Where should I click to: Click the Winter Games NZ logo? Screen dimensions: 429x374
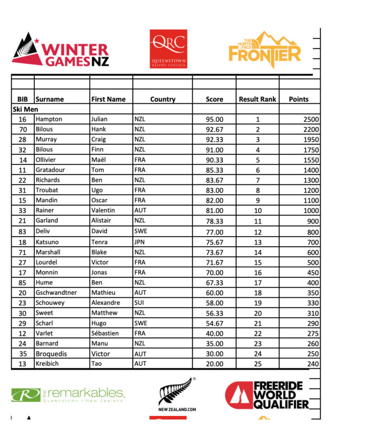tap(60, 50)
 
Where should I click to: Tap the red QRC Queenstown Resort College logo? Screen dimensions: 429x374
tap(168, 48)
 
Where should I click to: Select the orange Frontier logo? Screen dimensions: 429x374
tap(264, 51)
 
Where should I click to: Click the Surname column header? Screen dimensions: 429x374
tap(50, 99)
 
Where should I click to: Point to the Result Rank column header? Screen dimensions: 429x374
tap(257, 99)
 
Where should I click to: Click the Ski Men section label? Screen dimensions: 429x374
tap(26, 109)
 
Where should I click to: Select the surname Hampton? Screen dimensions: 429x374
tap(49, 119)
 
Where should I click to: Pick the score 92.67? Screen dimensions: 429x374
tap(214, 129)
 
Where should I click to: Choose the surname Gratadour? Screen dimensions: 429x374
tap(52, 170)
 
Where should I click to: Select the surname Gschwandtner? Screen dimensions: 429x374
tap(57, 292)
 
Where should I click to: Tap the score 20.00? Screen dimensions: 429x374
tap(214, 364)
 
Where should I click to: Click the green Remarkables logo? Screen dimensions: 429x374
tap(68, 395)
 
